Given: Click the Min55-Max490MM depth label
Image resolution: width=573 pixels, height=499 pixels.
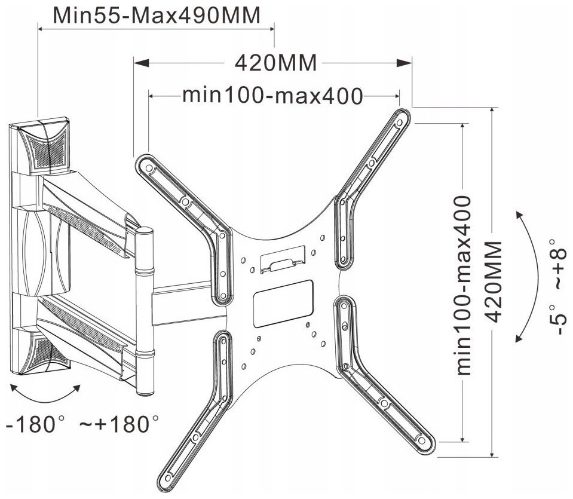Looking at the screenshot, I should [157, 15].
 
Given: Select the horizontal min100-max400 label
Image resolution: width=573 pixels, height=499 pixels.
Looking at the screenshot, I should [272, 96].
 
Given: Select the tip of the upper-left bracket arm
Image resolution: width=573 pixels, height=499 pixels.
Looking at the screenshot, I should [143, 163].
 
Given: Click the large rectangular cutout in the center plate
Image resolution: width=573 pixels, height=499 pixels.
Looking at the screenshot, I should [284, 304].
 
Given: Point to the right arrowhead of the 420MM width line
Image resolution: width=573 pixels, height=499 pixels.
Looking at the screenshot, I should [406, 62].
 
